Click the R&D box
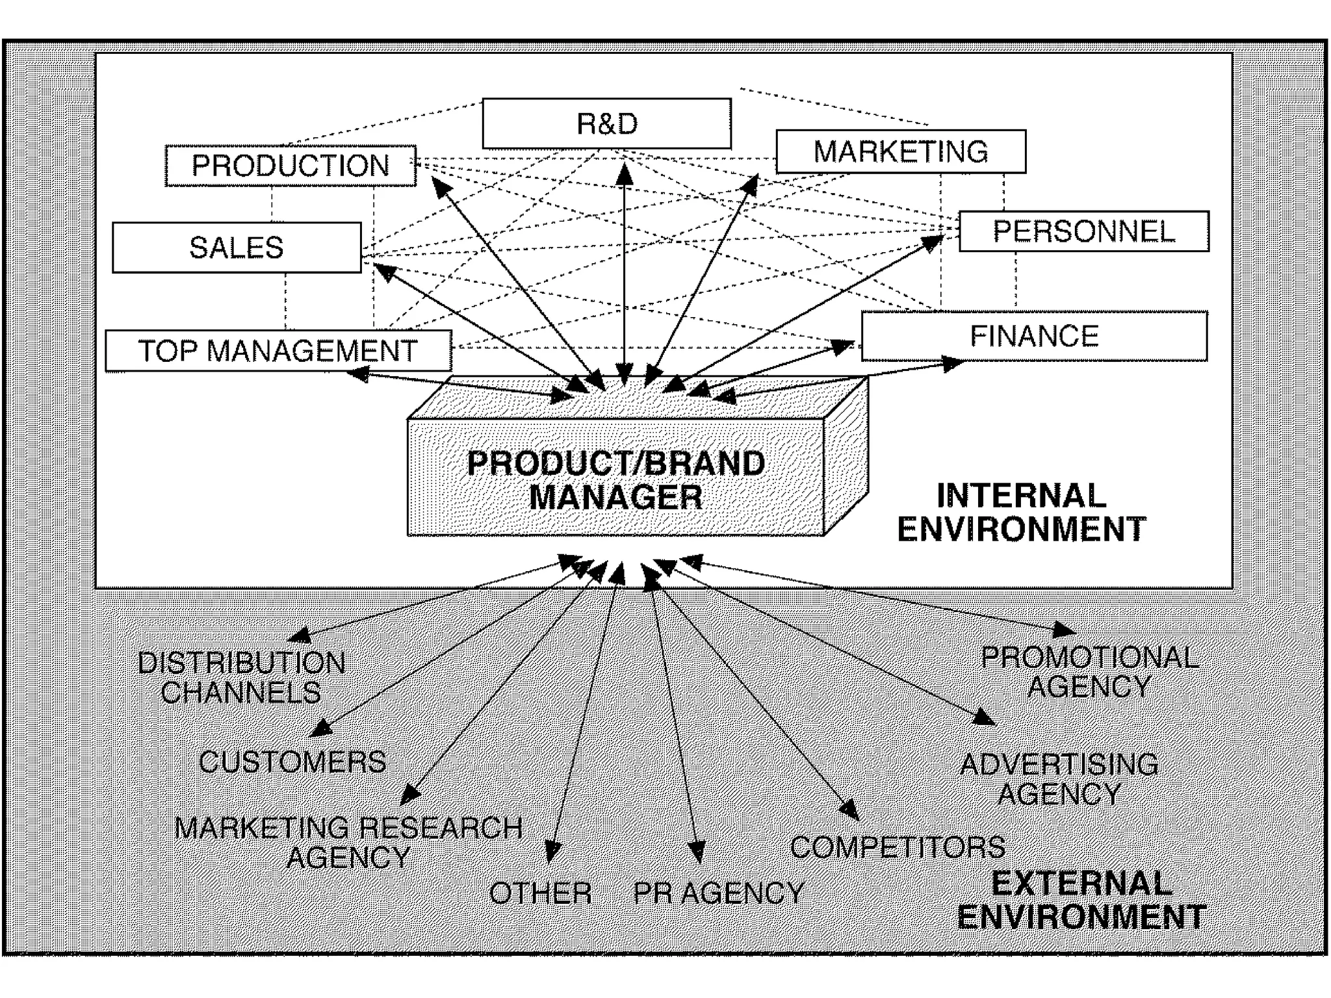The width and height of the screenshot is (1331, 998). (x=606, y=123)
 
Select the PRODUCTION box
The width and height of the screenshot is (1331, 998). (x=291, y=166)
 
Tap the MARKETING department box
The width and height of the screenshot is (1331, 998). (x=901, y=151)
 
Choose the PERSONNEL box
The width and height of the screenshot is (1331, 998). (x=1083, y=231)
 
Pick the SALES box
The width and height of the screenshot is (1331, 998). (x=237, y=248)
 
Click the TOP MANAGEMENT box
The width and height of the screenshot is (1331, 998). (x=278, y=351)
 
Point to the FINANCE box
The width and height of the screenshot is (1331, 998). (x=1034, y=336)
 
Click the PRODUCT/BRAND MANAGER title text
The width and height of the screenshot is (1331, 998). (x=616, y=480)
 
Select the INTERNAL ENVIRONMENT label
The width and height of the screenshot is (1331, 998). (x=1021, y=512)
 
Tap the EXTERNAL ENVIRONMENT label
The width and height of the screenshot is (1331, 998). (x=1081, y=901)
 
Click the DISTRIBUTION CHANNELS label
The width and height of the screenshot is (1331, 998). (x=242, y=678)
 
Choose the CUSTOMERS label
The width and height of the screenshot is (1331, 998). (x=292, y=761)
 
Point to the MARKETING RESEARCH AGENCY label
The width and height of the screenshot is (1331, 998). (x=348, y=843)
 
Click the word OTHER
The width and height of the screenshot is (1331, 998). (x=540, y=893)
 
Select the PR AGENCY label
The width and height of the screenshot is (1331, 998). (x=719, y=893)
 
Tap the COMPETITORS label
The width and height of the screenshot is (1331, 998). (x=898, y=847)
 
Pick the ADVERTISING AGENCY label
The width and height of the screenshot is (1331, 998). (x=1059, y=779)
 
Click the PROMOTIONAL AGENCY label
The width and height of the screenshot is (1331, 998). (x=1090, y=672)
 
